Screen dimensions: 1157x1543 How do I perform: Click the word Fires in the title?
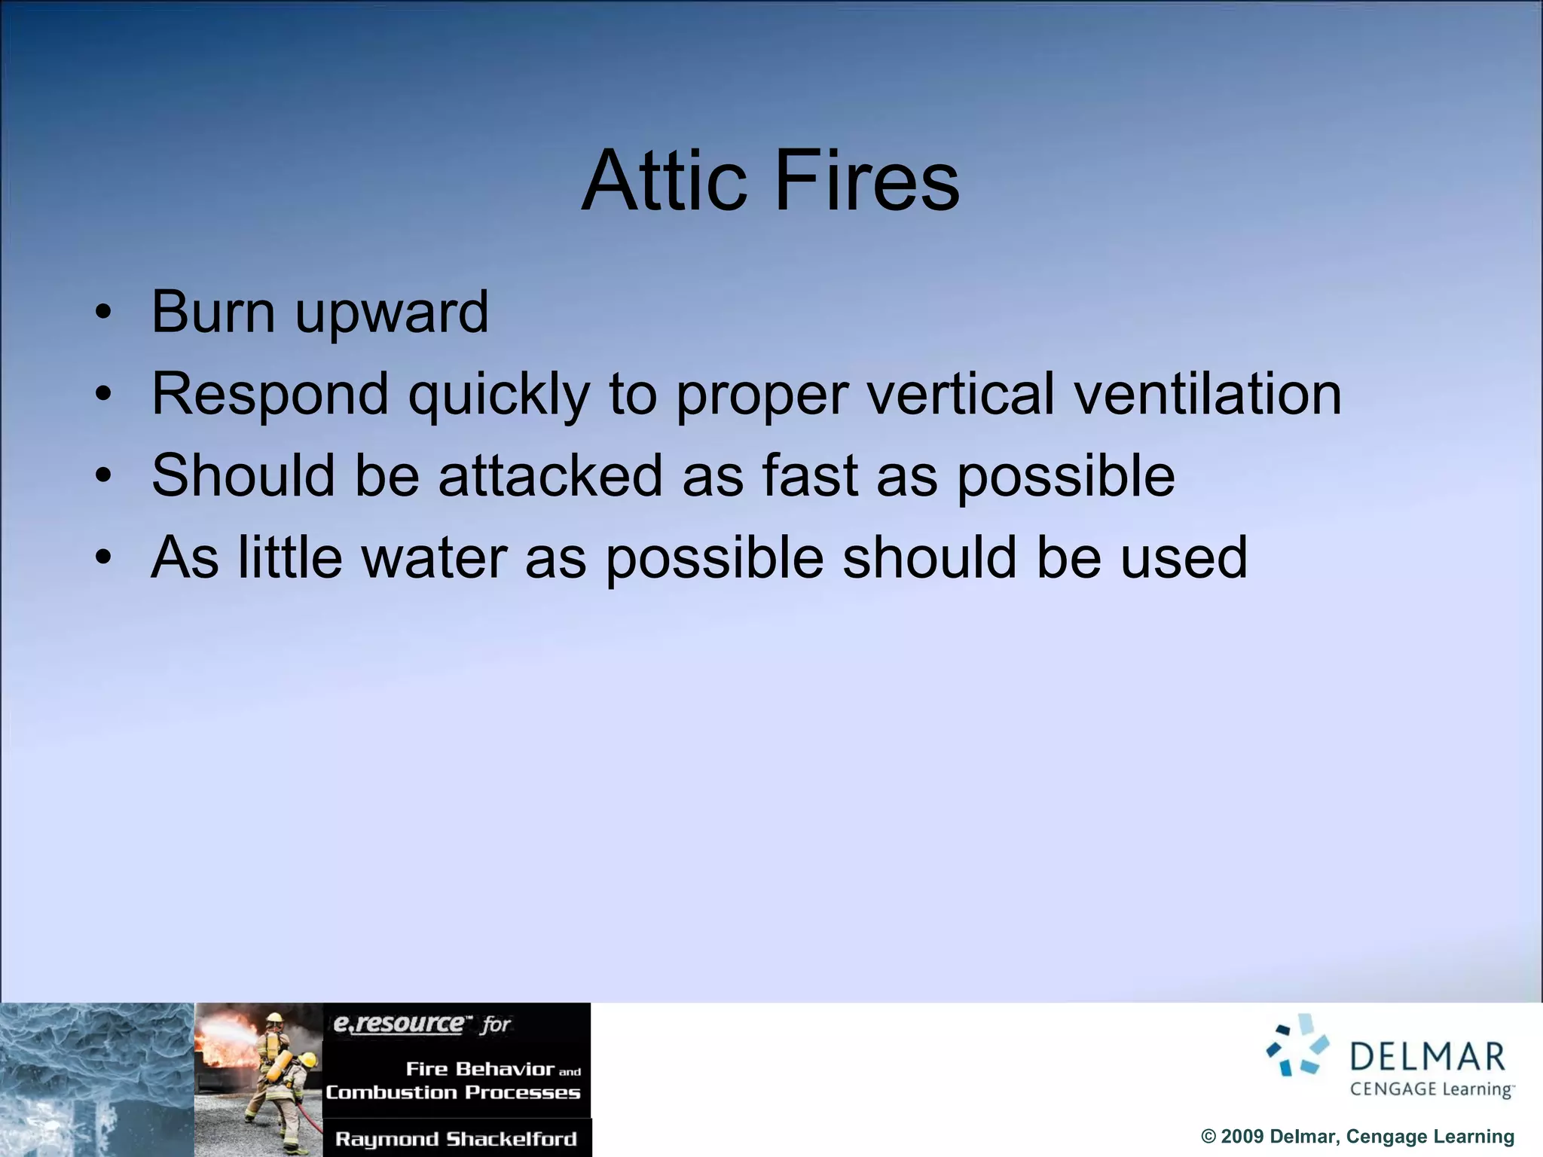pyautogui.click(x=866, y=181)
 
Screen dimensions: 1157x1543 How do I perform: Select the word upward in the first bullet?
pyautogui.click(x=392, y=313)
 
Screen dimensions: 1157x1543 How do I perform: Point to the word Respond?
pyautogui.click(x=270, y=394)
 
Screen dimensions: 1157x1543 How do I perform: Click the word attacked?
pyautogui.click(x=551, y=475)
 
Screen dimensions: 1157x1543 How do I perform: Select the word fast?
pyautogui.click(x=810, y=475)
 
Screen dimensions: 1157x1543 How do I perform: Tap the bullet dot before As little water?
pyautogui.click(x=103, y=557)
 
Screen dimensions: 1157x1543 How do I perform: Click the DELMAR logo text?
pyautogui.click(x=1427, y=1057)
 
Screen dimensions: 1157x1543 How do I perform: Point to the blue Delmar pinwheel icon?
pyautogui.click(x=1297, y=1046)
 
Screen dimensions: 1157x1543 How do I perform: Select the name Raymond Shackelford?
pyautogui.click(x=456, y=1139)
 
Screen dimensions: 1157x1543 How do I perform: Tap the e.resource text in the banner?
pyautogui.click(x=399, y=1024)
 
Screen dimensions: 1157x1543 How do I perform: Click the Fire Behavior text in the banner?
pyautogui.click(x=480, y=1069)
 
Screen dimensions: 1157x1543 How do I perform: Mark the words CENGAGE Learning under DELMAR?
pyautogui.click(x=1431, y=1089)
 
